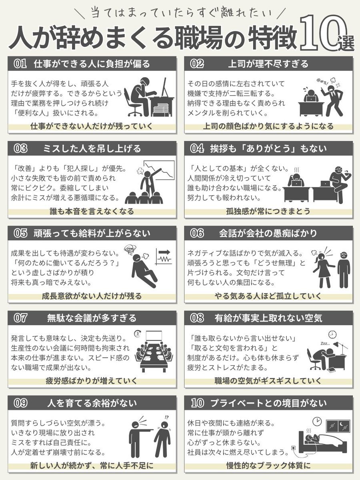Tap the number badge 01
[x=20, y=64]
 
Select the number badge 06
[x=197, y=233]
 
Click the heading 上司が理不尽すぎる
[x=268, y=64]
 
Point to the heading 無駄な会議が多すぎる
[x=92, y=318]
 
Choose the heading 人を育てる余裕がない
[x=92, y=403]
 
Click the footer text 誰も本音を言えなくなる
[x=92, y=212]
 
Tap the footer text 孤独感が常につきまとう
[x=268, y=212]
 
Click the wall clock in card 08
[x=332, y=334]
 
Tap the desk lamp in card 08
[x=340, y=348]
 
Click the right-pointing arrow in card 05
[x=166, y=252]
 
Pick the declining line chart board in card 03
[x=159, y=170]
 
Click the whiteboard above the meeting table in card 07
[x=154, y=336]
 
